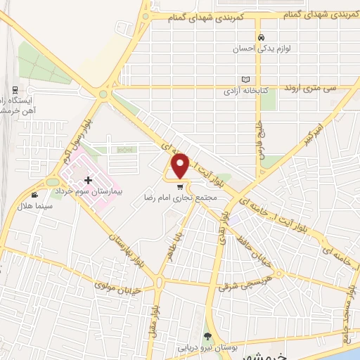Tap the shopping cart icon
181,187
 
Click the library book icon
245,80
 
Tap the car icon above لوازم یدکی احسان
261,38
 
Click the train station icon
15,91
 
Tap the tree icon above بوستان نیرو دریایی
207,337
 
